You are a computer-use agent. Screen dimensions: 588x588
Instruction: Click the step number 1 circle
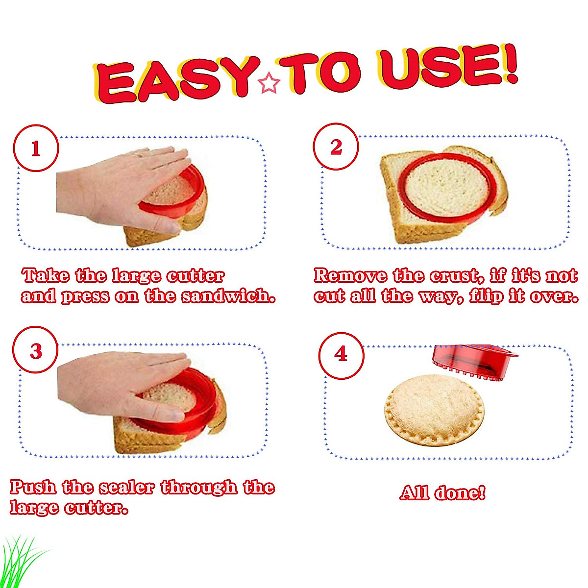click(36, 148)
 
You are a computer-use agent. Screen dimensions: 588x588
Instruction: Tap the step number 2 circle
click(336, 147)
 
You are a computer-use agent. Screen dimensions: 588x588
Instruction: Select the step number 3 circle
click(36, 351)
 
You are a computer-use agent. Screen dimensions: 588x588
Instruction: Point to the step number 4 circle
click(341, 354)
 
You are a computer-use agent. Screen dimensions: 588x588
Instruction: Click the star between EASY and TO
click(269, 83)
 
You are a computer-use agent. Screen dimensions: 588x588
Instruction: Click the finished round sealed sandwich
click(434, 409)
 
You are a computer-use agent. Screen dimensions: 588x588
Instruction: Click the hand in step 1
click(118, 189)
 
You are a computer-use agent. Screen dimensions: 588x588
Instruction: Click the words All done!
click(442, 492)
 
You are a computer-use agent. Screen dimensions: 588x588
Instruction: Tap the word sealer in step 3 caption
click(127, 487)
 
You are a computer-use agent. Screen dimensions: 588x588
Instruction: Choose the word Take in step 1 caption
click(46, 275)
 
